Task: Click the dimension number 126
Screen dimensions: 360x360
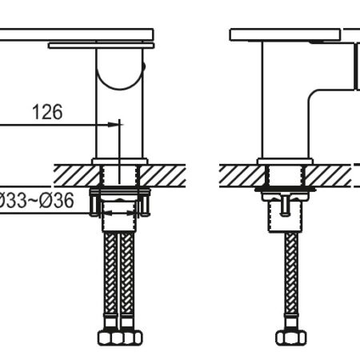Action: pyautogui.click(x=47, y=112)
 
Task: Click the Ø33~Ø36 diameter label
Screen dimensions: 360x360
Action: pyautogui.click(x=37, y=201)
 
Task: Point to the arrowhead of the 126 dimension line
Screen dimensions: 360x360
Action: pyautogui.click(x=113, y=124)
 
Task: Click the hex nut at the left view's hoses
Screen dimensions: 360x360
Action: pyautogui.click(x=120, y=338)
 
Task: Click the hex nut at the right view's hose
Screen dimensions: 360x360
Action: pyautogui.click(x=291, y=338)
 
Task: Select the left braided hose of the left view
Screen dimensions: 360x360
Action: pyautogui.click(x=110, y=274)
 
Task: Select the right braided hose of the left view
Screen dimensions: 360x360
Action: pyautogui.click(x=127, y=274)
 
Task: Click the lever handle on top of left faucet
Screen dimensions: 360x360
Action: pyautogui.click(x=77, y=35)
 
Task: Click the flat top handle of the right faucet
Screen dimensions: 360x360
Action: pyautogui.click(x=285, y=35)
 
